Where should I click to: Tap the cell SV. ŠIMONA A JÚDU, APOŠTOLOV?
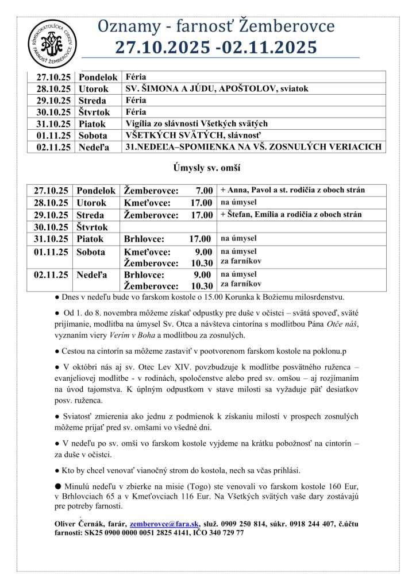coord(217,89)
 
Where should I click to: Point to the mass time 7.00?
coord(204,191)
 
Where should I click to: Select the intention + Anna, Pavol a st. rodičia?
coord(292,190)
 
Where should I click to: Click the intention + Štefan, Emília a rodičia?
coord(291,215)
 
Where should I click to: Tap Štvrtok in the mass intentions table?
coord(93,227)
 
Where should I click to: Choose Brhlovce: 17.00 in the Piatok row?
coord(168,239)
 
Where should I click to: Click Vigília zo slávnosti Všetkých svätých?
coord(197,123)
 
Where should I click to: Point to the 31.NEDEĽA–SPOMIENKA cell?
coord(253,148)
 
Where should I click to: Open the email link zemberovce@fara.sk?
coord(164,524)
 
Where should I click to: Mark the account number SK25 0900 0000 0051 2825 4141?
coord(134,533)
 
